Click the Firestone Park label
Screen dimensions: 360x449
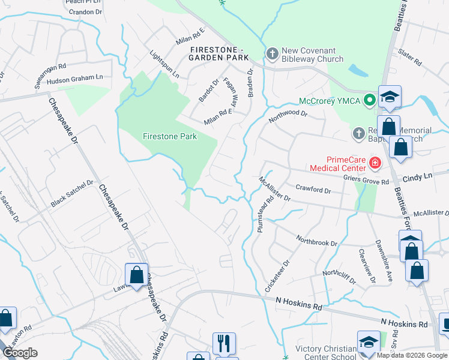point(170,136)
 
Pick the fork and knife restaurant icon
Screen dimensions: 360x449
point(223,343)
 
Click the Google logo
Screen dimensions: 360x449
point(20,353)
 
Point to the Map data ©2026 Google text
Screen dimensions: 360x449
point(411,355)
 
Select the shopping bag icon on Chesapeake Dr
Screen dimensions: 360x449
point(137,275)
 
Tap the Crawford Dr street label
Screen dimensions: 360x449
point(313,190)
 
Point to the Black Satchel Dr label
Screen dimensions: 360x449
point(72,194)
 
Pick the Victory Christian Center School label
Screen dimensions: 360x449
point(327,352)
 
